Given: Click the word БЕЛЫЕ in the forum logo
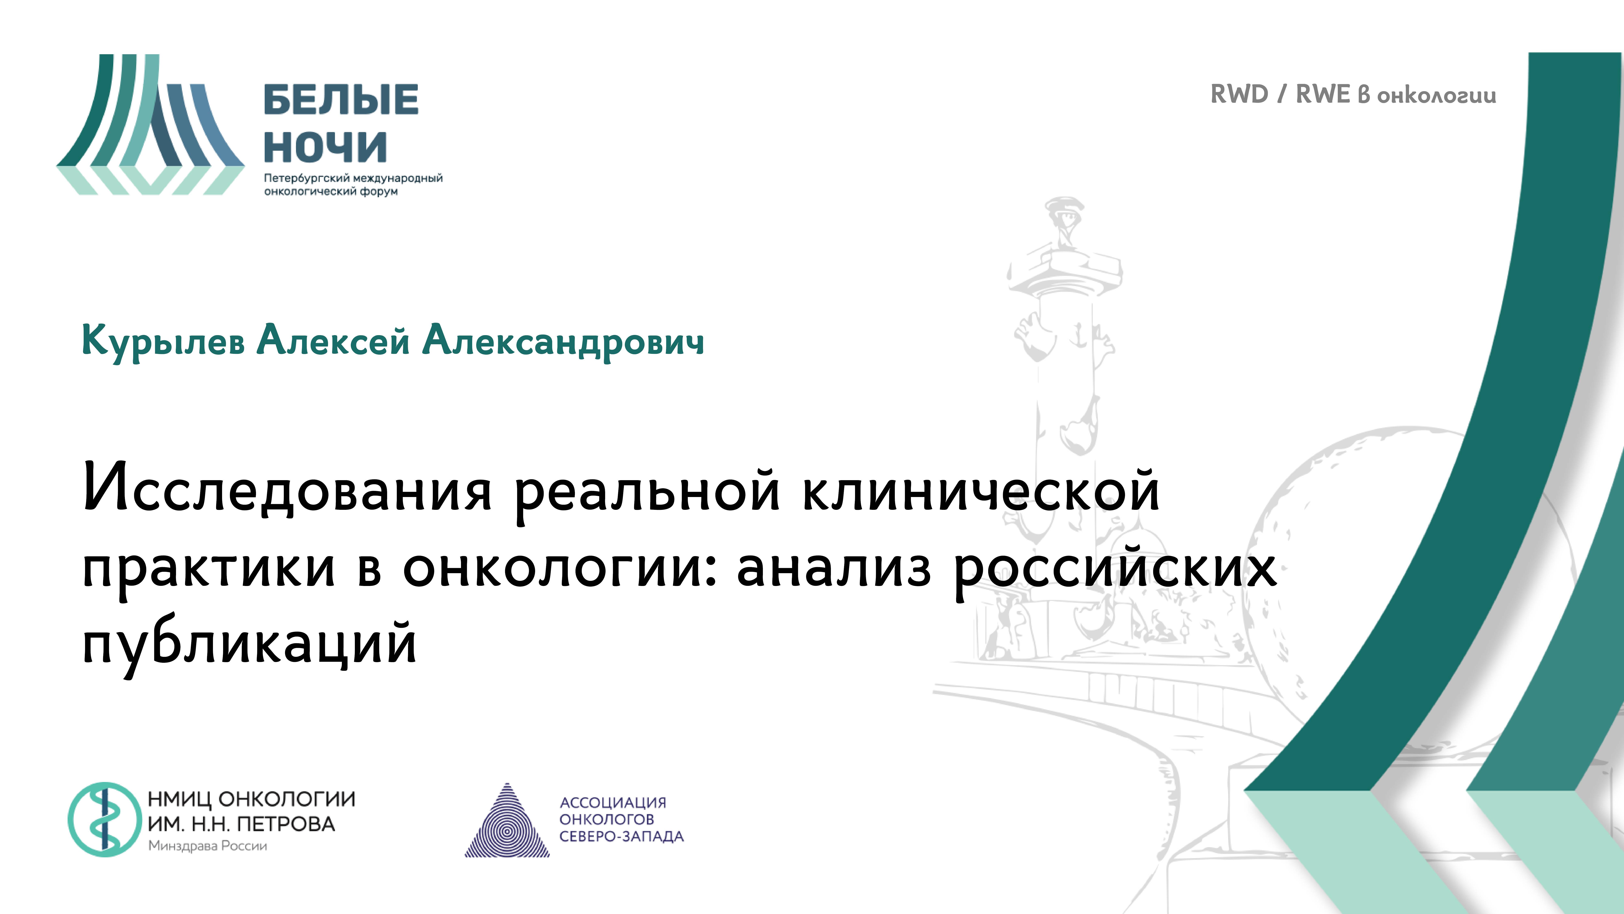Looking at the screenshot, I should click(340, 100).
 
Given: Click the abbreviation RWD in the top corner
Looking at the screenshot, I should click(1239, 95).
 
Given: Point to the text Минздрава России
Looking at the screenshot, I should click(207, 846).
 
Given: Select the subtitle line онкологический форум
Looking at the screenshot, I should click(331, 191).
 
